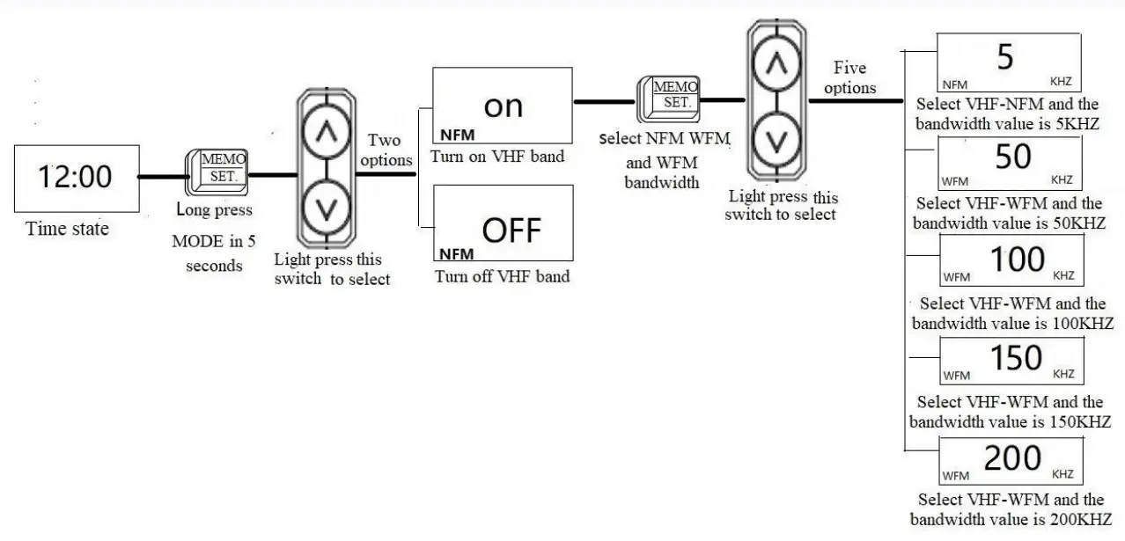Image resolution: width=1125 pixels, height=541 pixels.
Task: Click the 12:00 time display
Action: click(76, 178)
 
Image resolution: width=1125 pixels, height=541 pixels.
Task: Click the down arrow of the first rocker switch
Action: click(326, 208)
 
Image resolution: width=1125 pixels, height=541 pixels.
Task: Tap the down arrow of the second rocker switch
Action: click(776, 140)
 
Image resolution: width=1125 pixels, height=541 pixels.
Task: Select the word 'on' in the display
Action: click(504, 106)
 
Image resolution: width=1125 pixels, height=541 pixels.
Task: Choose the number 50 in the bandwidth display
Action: click(1012, 157)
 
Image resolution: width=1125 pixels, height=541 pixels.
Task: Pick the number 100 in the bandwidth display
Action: click(1018, 260)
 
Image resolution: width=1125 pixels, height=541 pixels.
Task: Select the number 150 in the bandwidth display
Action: click(1017, 357)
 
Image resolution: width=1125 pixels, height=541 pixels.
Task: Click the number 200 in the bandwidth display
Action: click(1012, 458)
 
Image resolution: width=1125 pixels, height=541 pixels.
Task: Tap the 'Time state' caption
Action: click(68, 229)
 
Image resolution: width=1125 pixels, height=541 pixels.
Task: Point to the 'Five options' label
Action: click(849, 77)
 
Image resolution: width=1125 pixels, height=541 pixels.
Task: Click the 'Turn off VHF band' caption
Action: click(503, 276)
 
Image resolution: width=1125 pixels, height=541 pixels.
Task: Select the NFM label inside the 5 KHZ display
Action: click(955, 85)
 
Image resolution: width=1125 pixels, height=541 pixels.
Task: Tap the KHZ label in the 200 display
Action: click(1062, 474)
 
